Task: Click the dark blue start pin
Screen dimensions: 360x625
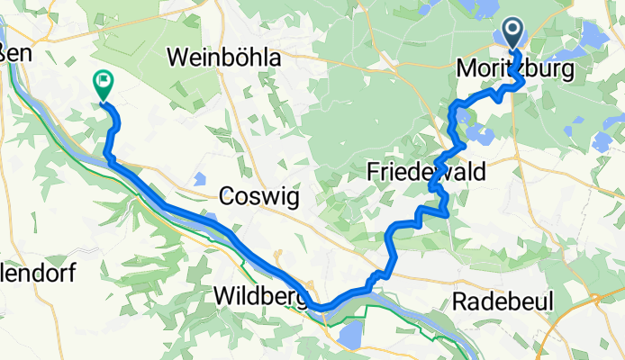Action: [x=513, y=34]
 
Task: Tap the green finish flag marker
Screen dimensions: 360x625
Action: [x=102, y=85]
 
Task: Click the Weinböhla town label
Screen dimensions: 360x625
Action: [x=225, y=58]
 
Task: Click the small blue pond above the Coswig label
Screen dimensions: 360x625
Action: [x=200, y=176]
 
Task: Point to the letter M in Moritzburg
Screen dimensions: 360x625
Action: [x=467, y=68]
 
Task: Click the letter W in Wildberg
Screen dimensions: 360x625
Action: [x=223, y=295]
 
